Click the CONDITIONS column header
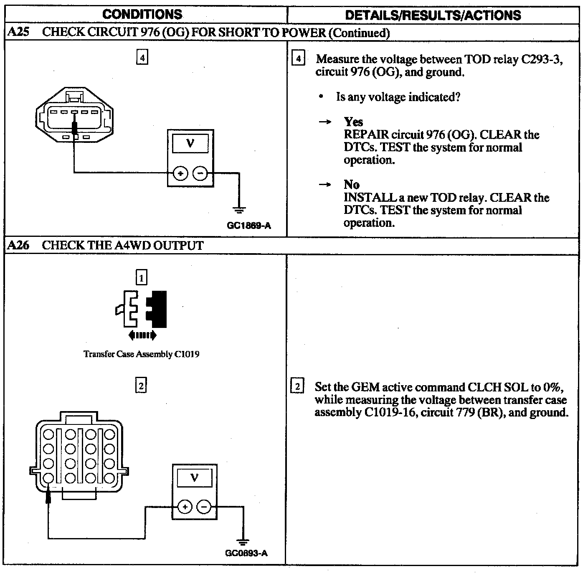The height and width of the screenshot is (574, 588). [x=142, y=14]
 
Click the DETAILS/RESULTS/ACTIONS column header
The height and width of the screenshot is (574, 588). [x=433, y=15]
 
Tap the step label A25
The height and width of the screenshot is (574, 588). [x=18, y=32]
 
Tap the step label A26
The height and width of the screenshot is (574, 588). [x=18, y=245]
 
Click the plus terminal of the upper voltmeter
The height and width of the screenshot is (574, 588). [x=180, y=173]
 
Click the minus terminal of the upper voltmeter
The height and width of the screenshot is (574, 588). [x=200, y=173]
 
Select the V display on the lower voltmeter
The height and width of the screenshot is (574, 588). [x=194, y=477]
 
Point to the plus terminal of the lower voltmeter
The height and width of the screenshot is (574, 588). [x=185, y=507]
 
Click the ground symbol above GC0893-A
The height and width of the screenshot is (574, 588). [x=242, y=542]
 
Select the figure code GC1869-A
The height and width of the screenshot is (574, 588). [x=249, y=226]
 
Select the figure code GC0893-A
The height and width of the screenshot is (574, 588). [x=246, y=553]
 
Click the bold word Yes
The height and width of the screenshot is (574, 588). [x=353, y=122]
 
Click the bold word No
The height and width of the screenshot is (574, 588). [x=352, y=184]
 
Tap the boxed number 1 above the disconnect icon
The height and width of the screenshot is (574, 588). [x=142, y=277]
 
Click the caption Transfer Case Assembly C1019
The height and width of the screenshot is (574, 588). [x=141, y=354]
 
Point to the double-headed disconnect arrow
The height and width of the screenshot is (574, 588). [x=142, y=335]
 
